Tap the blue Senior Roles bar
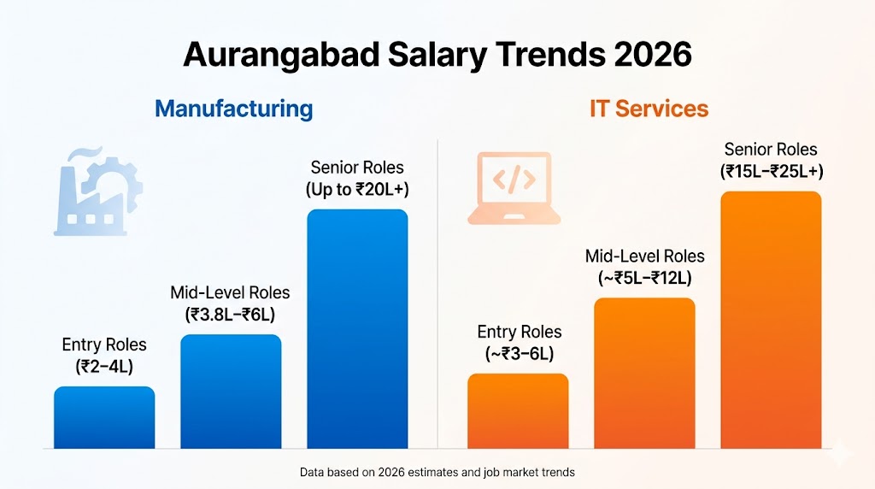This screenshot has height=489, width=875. (357, 328)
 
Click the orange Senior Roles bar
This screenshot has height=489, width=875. (771, 320)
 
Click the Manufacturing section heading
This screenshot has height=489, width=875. (233, 109)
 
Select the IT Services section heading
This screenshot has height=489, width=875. (649, 109)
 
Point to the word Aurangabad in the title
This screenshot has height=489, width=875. (283, 55)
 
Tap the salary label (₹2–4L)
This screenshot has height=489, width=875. (104, 366)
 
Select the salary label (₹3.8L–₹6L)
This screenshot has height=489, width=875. (230, 314)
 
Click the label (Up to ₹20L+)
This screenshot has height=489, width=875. (357, 189)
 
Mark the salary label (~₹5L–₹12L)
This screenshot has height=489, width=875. (645, 278)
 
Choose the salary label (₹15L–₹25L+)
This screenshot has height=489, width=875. (771, 171)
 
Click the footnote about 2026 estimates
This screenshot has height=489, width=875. (437, 472)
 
